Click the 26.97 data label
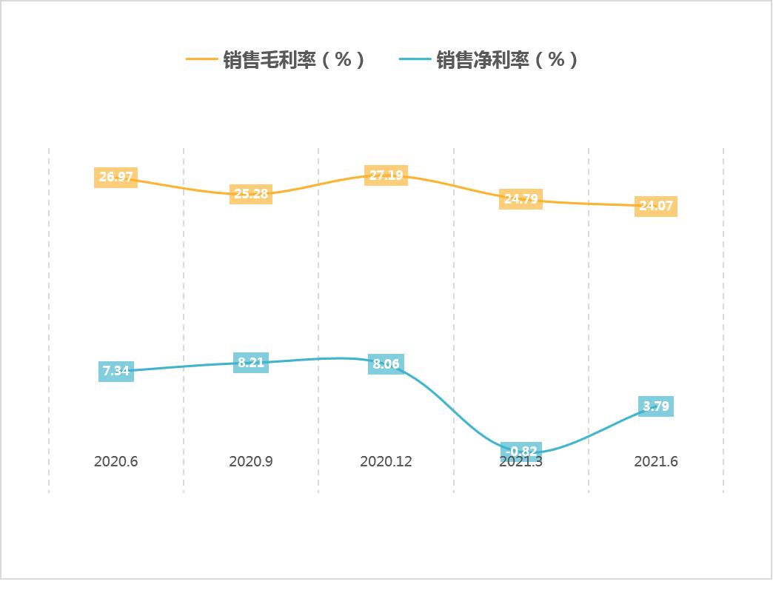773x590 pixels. pos(116,177)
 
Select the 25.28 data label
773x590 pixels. pos(251,194)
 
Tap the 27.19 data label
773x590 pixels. pos(386,175)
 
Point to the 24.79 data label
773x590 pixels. pos(521,199)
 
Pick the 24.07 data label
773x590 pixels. pos(656,206)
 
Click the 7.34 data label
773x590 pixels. pos(116,371)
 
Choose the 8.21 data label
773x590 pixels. pos(251,363)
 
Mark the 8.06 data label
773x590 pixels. pos(386,364)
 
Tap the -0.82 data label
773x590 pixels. pos(521,451)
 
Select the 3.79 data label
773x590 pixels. pos(656,406)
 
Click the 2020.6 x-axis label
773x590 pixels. pos(116,462)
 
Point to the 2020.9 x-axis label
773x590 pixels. pos(251,462)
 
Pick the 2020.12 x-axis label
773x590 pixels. pos(386,462)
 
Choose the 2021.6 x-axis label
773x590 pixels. pos(656,462)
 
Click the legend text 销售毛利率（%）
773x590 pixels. pos(294,60)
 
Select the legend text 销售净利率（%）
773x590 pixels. pos(507,60)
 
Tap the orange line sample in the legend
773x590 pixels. pos(201,59)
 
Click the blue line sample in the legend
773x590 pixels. pos(415,59)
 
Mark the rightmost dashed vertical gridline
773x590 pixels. pos(723,318)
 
